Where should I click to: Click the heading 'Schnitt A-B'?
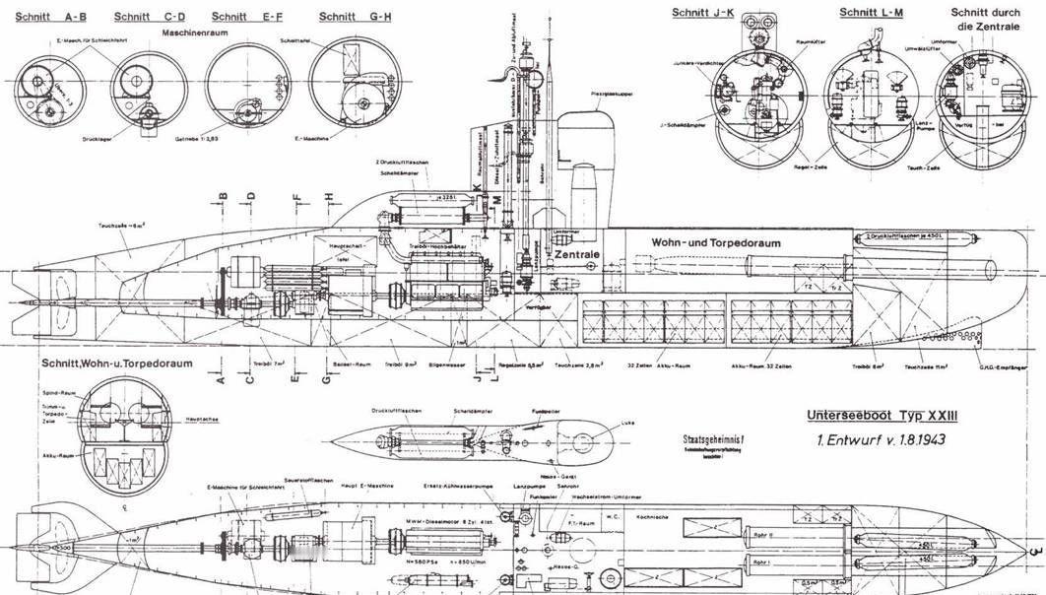point(48,17)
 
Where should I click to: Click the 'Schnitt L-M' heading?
point(872,12)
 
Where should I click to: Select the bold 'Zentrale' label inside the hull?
point(577,253)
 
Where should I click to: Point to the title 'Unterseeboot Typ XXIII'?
point(876,417)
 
